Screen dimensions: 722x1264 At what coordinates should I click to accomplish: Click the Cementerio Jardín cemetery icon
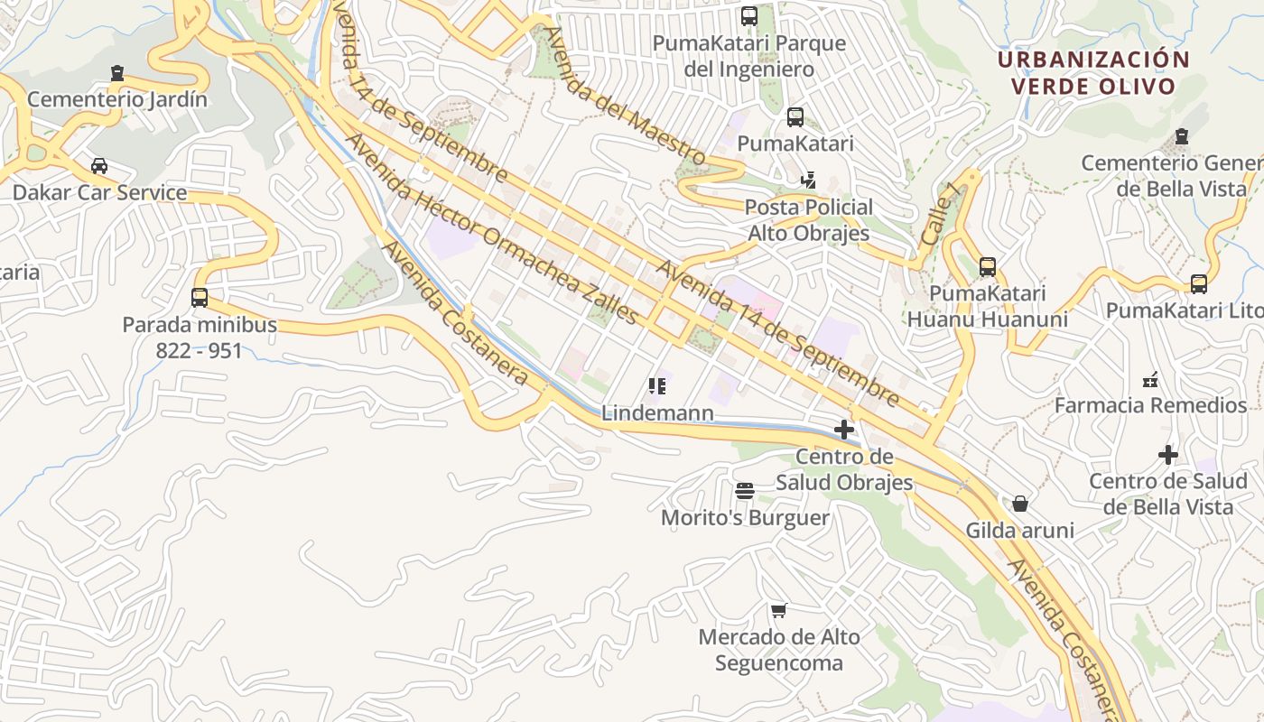click(116, 73)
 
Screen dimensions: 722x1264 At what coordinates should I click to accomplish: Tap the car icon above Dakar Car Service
click(99, 166)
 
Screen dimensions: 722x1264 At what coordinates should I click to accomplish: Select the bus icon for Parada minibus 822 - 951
click(200, 297)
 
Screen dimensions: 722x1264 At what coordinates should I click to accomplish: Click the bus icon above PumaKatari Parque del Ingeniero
click(748, 16)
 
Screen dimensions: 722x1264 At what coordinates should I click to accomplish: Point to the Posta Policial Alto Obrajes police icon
click(808, 180)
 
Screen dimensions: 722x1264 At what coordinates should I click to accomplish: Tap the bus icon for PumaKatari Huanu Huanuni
click(987, 267)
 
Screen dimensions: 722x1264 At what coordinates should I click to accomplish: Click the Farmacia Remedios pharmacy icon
click(1150, 379)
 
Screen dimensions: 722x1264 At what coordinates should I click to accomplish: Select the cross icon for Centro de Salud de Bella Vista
click(1168, 455)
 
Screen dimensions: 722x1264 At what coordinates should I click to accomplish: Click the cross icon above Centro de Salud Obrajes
click(844, 430)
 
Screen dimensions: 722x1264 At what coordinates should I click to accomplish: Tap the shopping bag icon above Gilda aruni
click(1020, 504)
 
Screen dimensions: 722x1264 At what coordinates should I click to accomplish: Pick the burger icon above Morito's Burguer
click(745, 491)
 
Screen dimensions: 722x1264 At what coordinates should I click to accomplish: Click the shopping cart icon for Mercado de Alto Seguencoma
click(778, 610)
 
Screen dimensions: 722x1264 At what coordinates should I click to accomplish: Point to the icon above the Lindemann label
click(657, 386)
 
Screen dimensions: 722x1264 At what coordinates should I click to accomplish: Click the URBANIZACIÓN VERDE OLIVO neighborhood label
click(1093, 73)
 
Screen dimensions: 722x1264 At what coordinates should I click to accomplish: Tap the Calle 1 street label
click(940, 215)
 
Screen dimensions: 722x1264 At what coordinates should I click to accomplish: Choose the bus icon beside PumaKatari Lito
click(1198, 284)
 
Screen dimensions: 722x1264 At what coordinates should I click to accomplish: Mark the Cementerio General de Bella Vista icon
click(1180, 137)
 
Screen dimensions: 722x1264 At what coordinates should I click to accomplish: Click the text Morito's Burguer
click(745, 518)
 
